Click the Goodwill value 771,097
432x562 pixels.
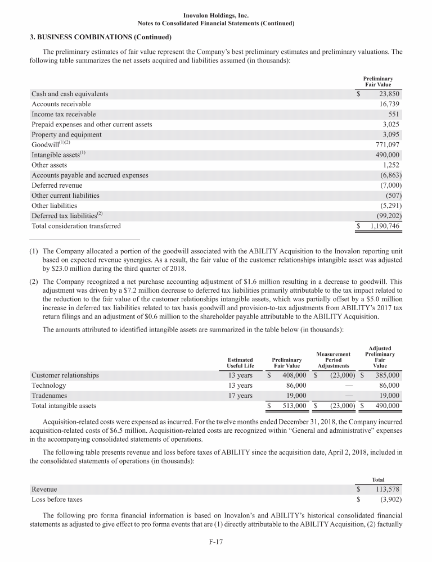(x=387, y=144)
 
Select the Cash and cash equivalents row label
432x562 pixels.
(x=70, y=94)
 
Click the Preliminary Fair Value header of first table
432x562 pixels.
(x=378, y=81)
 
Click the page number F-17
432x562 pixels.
(x=216, y=543)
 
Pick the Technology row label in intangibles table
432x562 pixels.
(x=49, y=386)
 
